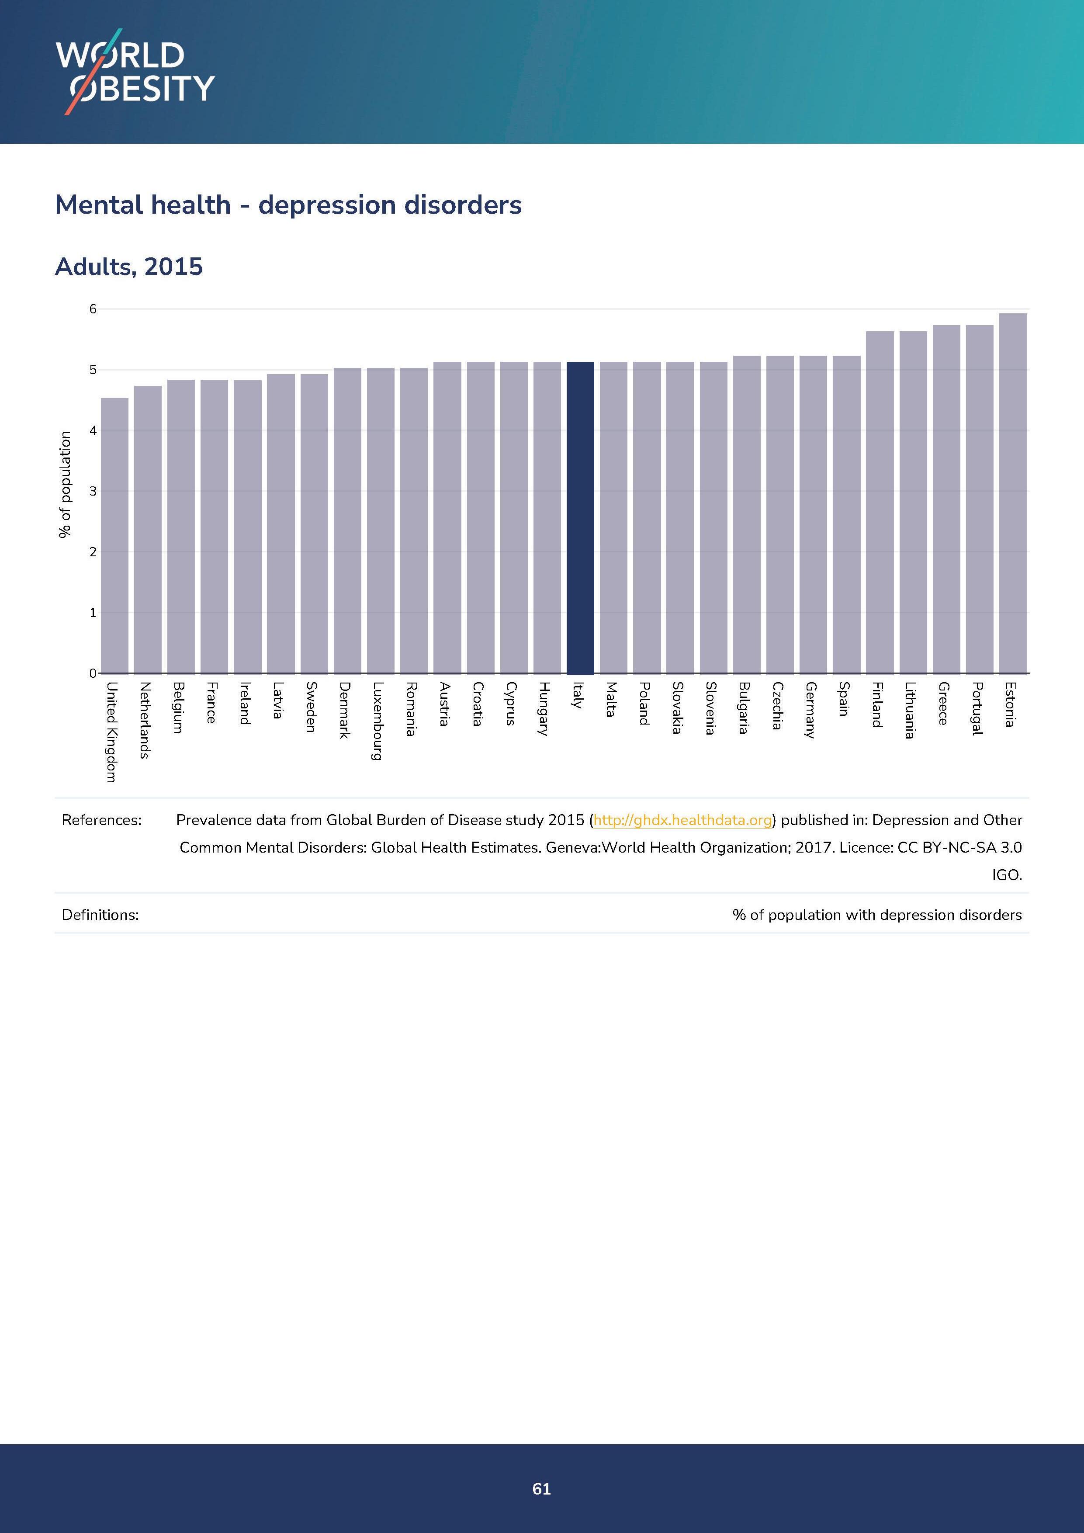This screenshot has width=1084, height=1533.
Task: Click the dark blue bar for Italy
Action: [x=580, y=517]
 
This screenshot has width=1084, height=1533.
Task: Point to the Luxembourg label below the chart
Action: [x=377, y=721]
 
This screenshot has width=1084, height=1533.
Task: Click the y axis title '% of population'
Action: [x=65, y=484]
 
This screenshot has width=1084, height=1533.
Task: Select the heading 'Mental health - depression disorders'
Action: [x=288, y=205]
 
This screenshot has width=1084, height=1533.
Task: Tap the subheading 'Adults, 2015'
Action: [x=129, y=267]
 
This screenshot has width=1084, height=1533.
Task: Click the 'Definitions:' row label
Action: [x=100, y=915]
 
